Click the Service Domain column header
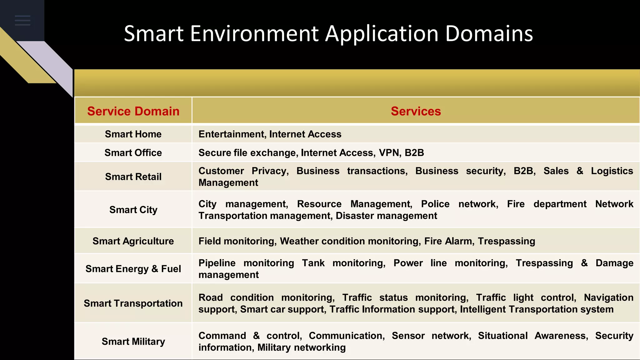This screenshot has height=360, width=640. point(133,111)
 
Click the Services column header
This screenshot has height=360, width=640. point(416,111)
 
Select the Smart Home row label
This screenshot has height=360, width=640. point(133,134)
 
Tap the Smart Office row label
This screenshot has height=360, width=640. point(133,153)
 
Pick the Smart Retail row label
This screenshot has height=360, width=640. point(133,177)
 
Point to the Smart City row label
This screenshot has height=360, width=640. point(133,210)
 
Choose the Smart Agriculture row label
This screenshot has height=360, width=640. point(133,241)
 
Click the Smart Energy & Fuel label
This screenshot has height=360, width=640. point(133,269)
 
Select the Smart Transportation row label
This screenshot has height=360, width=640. point(133,303)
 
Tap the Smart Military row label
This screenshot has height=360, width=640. point(133,341)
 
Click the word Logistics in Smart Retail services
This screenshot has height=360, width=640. point(612,171)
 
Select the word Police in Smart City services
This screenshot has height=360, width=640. point(435,204)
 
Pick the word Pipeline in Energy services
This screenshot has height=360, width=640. point(217,263)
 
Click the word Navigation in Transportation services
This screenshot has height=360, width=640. point(608,297)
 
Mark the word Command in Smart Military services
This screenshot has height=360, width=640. point(222,336)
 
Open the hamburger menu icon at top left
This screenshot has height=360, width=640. point(22,20)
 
